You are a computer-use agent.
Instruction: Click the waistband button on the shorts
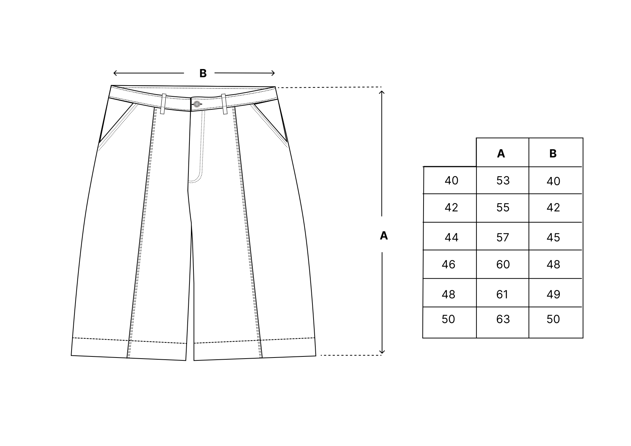197,104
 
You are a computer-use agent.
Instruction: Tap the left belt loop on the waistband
163,104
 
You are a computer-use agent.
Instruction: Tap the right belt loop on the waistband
224,104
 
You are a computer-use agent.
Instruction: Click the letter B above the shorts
203,73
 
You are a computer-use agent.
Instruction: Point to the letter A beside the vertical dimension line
384,236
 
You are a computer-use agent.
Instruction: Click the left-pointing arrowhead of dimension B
115,73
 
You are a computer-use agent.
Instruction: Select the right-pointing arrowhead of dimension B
273,73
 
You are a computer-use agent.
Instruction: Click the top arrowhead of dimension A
382,93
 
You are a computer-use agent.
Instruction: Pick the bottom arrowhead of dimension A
382,351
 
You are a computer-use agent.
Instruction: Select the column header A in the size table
501,154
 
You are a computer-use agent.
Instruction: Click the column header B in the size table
553,154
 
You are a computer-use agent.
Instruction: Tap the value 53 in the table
503,180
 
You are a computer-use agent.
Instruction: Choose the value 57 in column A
503,237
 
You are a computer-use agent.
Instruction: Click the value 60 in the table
503,264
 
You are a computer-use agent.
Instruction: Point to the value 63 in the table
503,319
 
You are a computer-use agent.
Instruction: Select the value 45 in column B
553,237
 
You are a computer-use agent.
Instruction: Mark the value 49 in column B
553,295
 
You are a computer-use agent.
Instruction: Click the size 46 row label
448,264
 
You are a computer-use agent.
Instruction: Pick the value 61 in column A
502,295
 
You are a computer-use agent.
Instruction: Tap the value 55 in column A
503,208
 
